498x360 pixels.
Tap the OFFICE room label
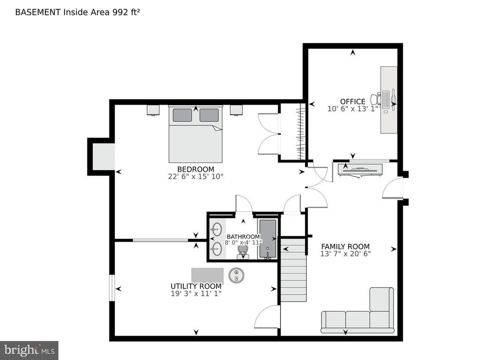click(x=353, y=102)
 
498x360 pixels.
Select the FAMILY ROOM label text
click(x=345, y=246)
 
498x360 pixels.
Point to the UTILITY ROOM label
click(x=196, y=286)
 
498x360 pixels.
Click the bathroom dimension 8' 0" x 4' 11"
click(x=244, y=242)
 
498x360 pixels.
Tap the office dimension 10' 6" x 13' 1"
click(x=353, y=109)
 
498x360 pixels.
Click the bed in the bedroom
click(x=196, y=139)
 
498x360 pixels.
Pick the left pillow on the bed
click(x=182, y=115)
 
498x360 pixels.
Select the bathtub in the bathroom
click(x=267, y=239)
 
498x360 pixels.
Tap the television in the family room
click(x=360, y=169)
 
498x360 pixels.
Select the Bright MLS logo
click(x=29, y=350)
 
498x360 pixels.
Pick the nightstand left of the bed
click(x=153, y=109)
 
